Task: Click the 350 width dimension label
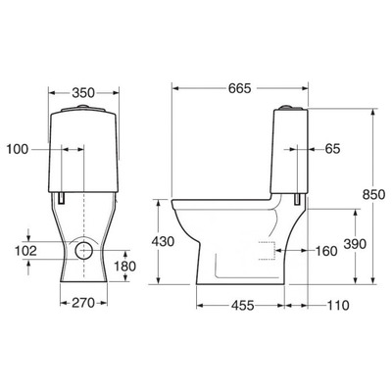click(83, 93)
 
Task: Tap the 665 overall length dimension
click(239, 88)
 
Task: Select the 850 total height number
click(373, 195)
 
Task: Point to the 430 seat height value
click(163, 242)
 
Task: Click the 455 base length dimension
click(242, 306)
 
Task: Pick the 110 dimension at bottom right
click(338, 306)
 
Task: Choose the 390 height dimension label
click(355, 244)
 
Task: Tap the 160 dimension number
click(326, 251)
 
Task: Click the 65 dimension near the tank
click(332, 149)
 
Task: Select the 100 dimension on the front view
click(18, 150)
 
